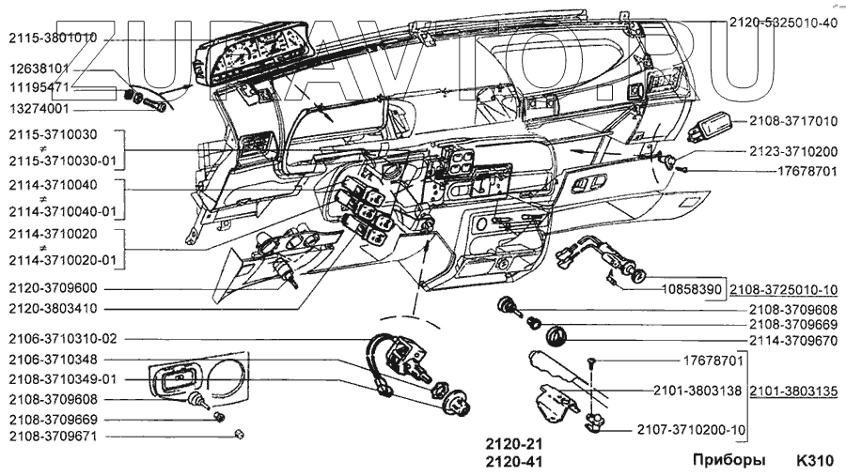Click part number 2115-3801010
tap(53, 38)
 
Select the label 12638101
tap(39, 69)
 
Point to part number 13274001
tap(39, 109)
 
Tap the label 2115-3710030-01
tap(63, 161)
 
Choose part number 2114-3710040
tap(53, 186)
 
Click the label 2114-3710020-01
tap(63, 260)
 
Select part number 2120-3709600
tap(53, 288)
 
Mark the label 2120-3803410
tap(53, 309)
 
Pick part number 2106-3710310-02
tap(63, 339)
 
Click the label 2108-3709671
tap(53, 437)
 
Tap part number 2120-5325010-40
tap(783, 23)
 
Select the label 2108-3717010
tap(793, 121)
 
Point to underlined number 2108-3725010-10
tap(783, 290)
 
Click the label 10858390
tap(692, 290)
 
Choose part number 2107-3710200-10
tap(691, 430)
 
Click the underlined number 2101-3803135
tap(793, 391)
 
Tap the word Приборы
tap(728, 461)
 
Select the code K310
tap(816, 461)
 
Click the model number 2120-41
tap(513, 462)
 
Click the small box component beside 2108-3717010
tap(712, 126)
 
